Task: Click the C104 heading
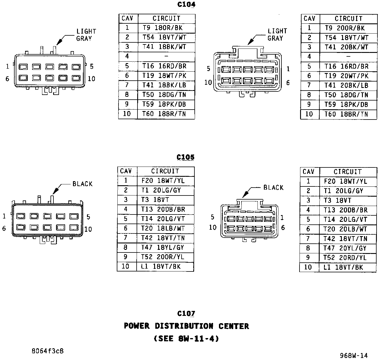(x=186, y=5)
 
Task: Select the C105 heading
(x=185, y=157)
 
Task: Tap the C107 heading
(x=186, y=314)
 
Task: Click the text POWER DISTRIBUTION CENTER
(x=186, y=326)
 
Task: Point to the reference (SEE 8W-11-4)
(x=186, y=339)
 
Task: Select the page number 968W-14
(x=354, y=355)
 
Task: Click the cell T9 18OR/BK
(x=164, y=28)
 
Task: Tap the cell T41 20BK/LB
(x=346, y=86)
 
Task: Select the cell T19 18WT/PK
(x=164, y=76)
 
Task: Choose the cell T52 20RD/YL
(x=345, y=258)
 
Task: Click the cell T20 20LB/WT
(x=345, y=229)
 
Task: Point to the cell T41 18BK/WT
(x=164, y=47)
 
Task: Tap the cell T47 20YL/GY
(x=345, y=248)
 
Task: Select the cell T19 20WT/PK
(x=346, y=76)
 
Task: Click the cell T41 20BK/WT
(x=346, y=47)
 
